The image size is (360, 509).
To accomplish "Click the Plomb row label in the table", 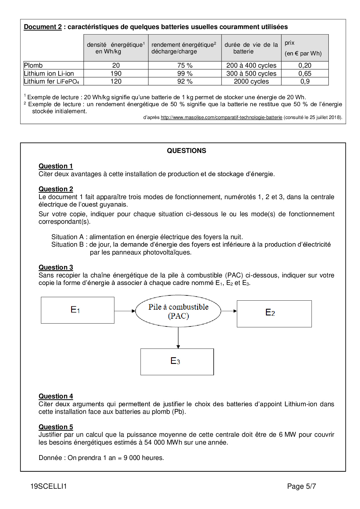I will (33, 65).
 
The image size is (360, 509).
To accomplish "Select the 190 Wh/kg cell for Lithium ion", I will (116, 73).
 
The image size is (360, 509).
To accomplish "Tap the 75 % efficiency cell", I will (185, 65).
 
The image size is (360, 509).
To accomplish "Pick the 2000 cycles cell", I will (251, 82).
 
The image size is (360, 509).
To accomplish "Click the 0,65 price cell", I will (305, 73).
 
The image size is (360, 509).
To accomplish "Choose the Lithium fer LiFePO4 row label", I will (52, 82).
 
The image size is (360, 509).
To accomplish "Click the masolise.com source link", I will (222, 118).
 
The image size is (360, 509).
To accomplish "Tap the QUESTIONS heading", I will (186, 151).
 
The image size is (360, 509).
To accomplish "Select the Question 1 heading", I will (56, 166).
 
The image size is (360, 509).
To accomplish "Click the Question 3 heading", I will (56, 267).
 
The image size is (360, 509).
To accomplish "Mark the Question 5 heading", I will (56, 427).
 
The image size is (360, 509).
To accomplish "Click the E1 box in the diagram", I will (78, 310).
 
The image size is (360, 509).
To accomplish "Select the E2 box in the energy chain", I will (274, 313).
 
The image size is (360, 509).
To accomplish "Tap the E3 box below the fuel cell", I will (177, 362).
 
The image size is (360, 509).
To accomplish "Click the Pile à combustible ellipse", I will (178, 311).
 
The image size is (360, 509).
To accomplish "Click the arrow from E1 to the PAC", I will (125, 311).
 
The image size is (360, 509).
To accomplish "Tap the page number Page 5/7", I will (301, 486).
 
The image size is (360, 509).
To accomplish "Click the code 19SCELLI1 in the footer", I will (48, 486).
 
